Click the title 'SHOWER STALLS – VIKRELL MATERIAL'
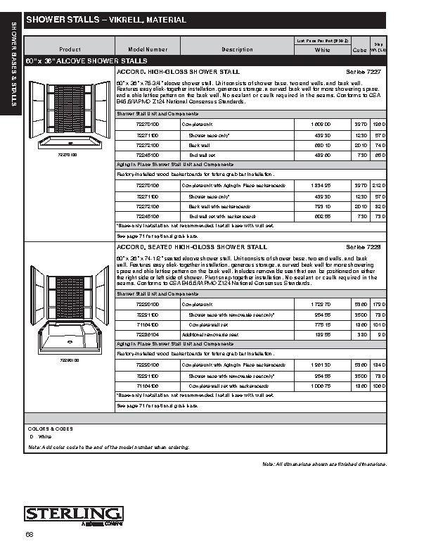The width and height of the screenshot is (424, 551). pos(106,20)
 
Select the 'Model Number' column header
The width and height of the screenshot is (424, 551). pos(148,49)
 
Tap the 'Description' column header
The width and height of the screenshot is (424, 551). pos(237,49)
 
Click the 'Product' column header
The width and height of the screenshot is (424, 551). pos(70,49)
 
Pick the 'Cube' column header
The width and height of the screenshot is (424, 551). pos(359,50)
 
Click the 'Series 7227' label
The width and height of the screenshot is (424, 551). pos(364,72)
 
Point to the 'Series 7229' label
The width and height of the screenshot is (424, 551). pos(364,248)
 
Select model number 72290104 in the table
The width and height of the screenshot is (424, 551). pos(148,335)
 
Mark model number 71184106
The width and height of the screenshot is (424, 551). pos(148,386)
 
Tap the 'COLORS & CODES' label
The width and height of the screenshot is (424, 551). pos(51,428)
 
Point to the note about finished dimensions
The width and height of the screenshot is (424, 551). pos(325,464)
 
